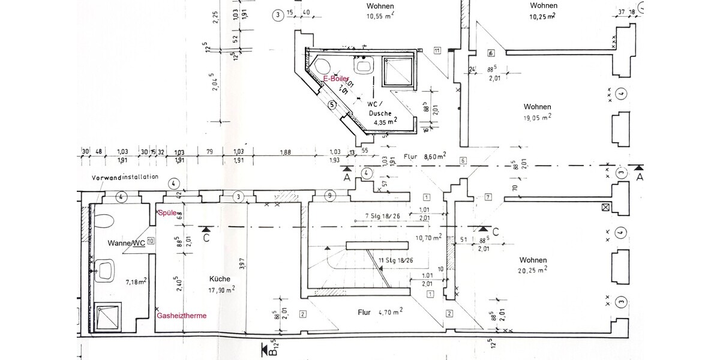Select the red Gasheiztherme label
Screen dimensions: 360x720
(182, 316)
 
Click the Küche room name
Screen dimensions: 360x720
(220, 278)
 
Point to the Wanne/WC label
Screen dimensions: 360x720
(127, 243)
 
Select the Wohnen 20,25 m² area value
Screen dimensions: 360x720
(533, 271)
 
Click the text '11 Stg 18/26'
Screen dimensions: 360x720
(395, 260)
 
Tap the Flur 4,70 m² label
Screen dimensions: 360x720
(372, 312)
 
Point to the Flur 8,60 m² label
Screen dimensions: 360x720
(424, 156)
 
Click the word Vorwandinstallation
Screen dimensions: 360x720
(125, 177)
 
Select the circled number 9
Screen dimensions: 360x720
(329, 196)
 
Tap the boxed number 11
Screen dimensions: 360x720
(437, 50)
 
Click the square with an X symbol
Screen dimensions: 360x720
(605, 207)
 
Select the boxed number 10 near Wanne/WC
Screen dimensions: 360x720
(150, 241)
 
